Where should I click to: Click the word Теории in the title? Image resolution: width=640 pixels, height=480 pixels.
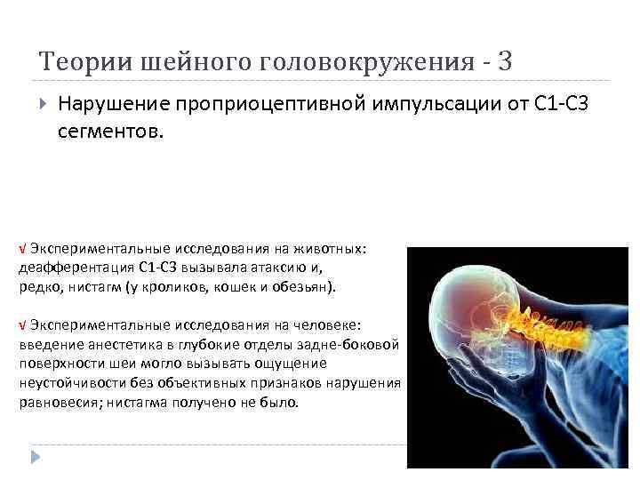click(x=75, y=61)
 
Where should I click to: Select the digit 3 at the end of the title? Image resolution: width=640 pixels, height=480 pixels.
click(x=506, y=61)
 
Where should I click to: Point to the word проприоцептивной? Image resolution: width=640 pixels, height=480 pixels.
click(x=257, y=107)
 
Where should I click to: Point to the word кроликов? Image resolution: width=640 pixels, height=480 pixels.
click(x=180, y=287)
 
